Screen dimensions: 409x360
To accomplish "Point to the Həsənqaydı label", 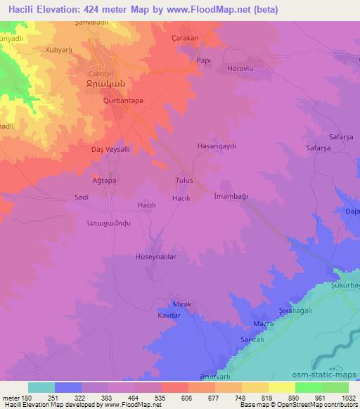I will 215,146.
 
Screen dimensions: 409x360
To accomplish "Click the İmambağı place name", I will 229,198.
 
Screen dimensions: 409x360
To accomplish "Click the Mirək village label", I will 181,304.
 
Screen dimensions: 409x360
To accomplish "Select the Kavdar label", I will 169,316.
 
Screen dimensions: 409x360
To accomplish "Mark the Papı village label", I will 204,60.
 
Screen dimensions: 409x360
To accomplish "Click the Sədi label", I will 82,198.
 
